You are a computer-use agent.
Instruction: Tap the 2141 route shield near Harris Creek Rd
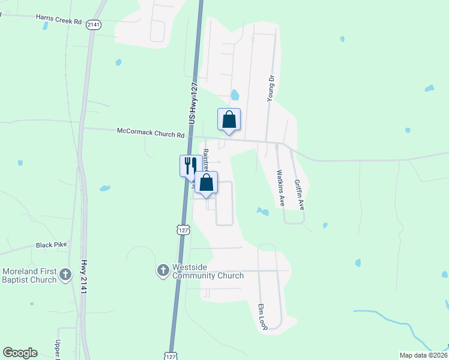[93, 24]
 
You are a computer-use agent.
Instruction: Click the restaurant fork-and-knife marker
[191, 166]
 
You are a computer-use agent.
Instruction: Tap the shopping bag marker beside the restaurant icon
[206, 182]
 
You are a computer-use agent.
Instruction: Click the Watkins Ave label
[280, 188]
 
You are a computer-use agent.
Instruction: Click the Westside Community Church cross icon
[163, 271]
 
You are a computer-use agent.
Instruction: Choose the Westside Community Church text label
[208, 271]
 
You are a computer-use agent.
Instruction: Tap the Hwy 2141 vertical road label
[83, 276]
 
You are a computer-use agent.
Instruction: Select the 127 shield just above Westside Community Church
[183, 230]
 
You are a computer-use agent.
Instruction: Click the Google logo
[20, 353]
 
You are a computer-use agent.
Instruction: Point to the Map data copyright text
[423, 355]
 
